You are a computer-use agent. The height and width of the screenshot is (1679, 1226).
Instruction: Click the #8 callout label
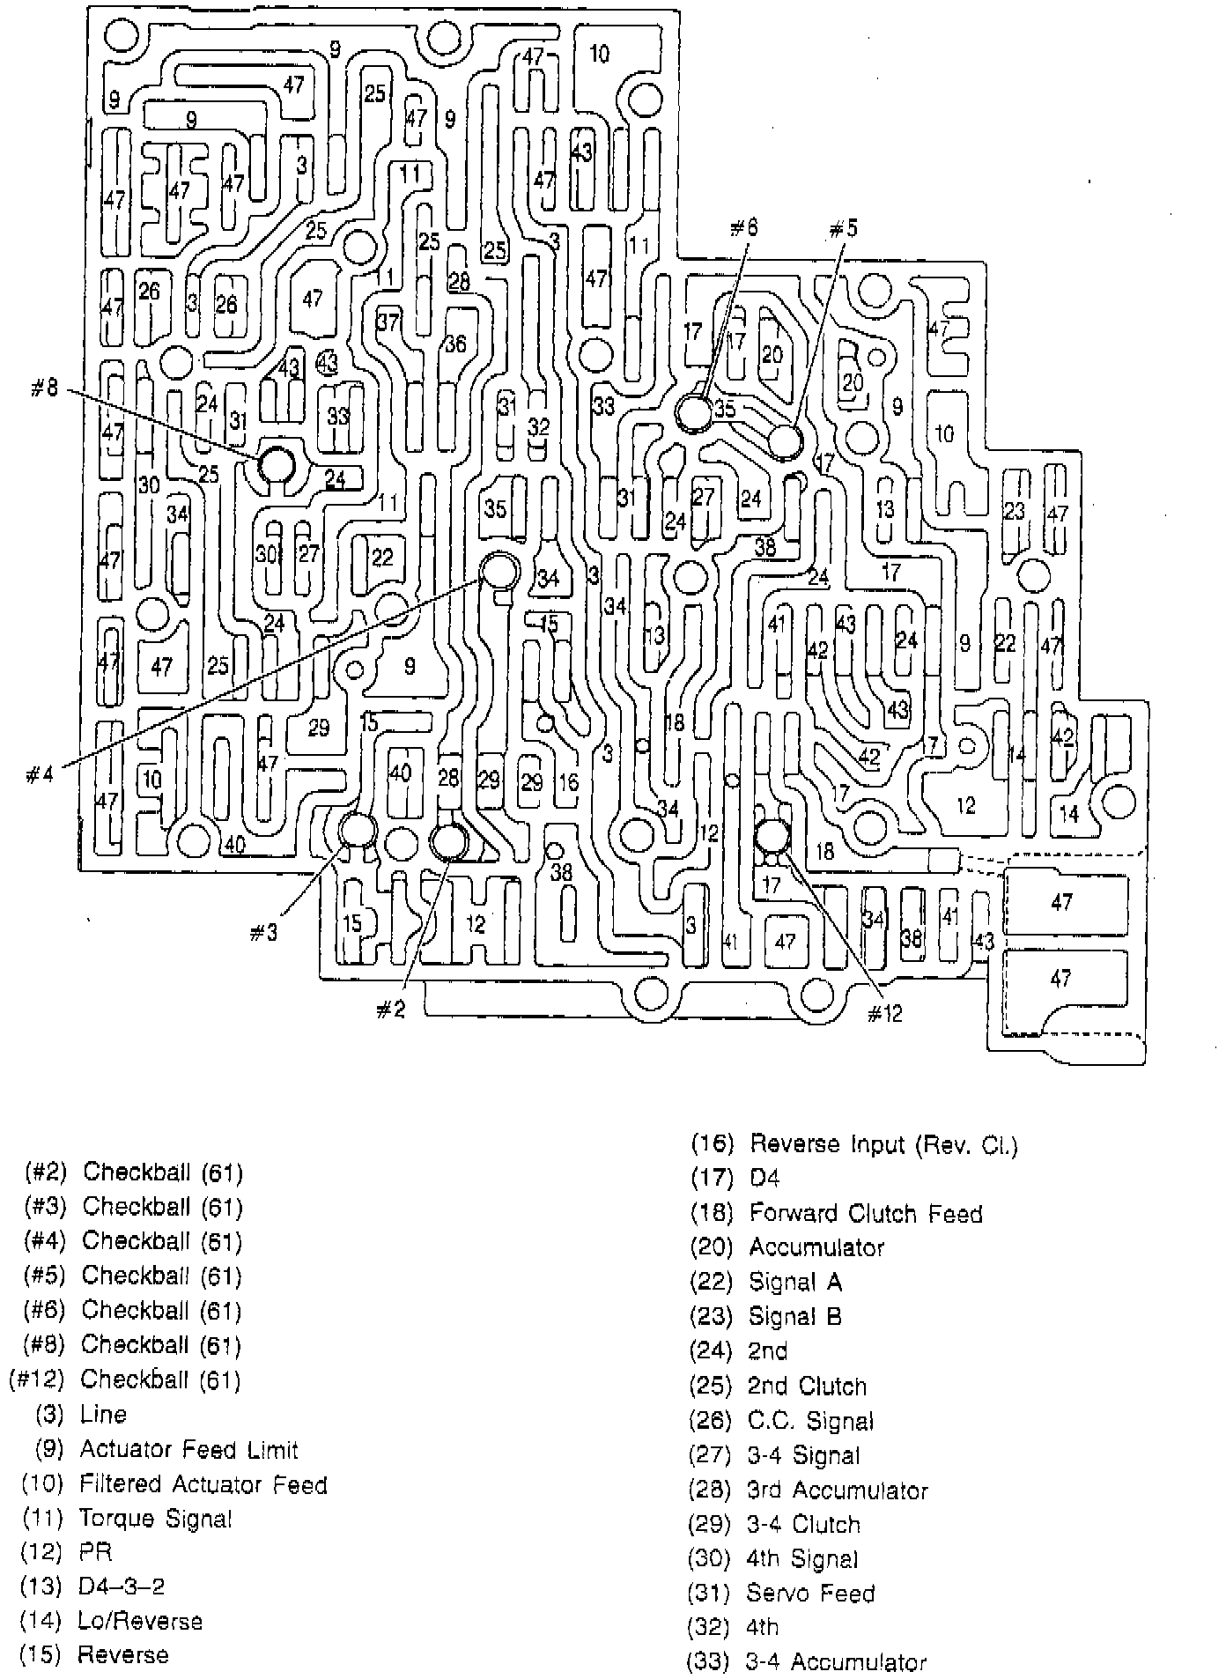click(x=44, y=388)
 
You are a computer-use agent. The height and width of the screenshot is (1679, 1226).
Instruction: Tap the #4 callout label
click(x=41, y=775)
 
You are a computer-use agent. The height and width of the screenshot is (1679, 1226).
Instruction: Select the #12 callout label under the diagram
click(x=884, y=1014)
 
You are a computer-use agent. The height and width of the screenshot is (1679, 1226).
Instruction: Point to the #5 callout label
click(x=842, y=230)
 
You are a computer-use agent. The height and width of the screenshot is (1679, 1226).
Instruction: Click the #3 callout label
click(x=263, y=933)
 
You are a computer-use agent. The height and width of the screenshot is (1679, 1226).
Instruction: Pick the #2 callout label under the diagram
click(x=390, y=1010)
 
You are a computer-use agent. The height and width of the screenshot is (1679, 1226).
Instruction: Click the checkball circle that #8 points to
click(x=277, y=464)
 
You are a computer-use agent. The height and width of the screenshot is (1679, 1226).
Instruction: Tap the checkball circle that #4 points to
click(x=500, y=571)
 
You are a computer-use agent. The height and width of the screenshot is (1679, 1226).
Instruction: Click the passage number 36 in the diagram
click(x=455, y=344)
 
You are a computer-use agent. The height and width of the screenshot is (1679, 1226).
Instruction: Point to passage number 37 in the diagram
click(x=388, y=322)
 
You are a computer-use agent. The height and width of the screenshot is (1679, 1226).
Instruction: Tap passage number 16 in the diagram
click(x=568, y=781)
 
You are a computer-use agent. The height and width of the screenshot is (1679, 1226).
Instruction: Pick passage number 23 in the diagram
click(x=1015, y=510)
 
